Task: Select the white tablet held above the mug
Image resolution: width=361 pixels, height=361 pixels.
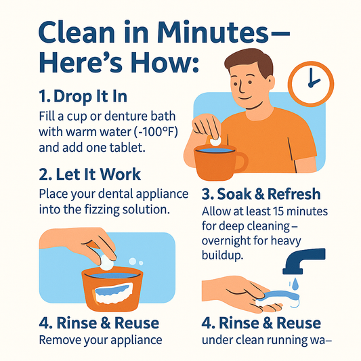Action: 215,141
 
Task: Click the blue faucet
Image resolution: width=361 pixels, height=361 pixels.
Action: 305,261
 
